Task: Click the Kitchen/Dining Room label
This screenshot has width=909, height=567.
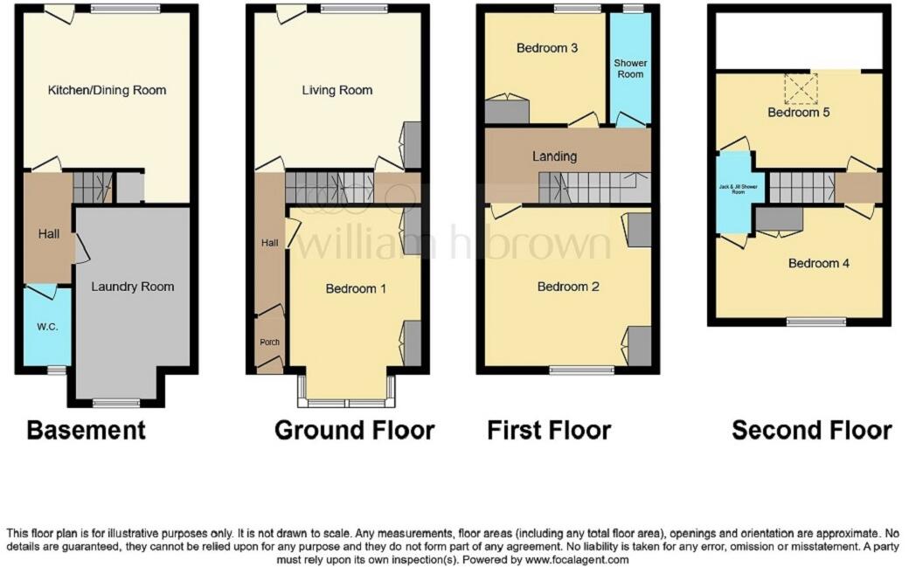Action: coord(107,90)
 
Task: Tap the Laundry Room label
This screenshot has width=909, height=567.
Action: coord(133,286)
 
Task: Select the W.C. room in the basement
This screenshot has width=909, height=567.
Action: coord(47,327)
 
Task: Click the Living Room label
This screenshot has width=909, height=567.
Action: coord(337,90)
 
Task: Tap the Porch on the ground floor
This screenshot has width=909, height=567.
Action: coord(269,341)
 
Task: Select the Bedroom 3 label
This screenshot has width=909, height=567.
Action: coord(547,48)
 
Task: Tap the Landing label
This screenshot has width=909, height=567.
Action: coord(554,156)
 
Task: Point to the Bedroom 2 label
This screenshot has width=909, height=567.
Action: coord(567,287)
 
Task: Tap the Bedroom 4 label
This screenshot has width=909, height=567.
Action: coord(818,263)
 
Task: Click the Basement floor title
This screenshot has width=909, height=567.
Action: coord(86,430)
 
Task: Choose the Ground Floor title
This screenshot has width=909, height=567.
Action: coord(354,430)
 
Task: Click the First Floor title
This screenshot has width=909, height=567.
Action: coord(549,430)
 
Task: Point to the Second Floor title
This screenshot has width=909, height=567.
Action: coord(811,430)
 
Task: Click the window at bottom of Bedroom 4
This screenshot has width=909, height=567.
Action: coord(816,322)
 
